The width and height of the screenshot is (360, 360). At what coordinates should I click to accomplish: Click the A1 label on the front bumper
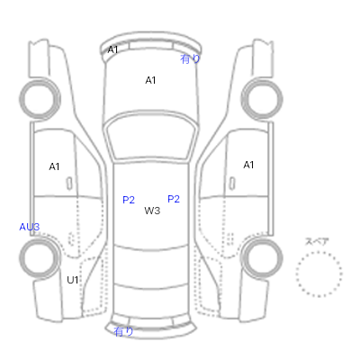click(112, 49)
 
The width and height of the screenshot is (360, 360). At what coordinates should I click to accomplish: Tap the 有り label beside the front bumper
click(190, 58)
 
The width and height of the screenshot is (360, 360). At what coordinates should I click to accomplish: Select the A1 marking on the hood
click(150, 80)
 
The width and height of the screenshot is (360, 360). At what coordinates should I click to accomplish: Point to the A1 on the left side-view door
click(54, 166)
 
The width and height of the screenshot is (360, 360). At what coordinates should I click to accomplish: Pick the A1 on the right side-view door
click(248, 165)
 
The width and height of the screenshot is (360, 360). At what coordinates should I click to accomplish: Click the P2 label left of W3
click(129, 200)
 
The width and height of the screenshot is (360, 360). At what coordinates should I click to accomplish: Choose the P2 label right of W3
click(174, 199)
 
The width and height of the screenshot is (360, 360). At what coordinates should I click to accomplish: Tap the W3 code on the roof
click(152, 211)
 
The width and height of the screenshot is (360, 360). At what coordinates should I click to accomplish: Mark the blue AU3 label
click(30, 227)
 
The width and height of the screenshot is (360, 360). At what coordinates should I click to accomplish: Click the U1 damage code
click(73, 280)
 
